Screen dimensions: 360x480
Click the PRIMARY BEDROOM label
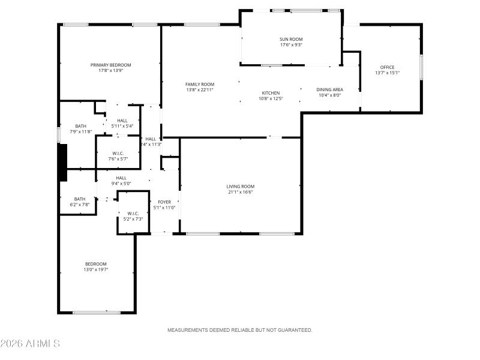click(x=111, y=65)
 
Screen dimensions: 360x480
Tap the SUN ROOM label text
click(x=291, y=39)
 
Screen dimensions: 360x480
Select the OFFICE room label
click(x=387, y=67)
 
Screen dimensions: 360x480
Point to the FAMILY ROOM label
click(x=200, y=84)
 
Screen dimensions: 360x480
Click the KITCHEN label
click(x=271, y=93)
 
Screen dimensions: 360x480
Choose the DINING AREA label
click(x=329, y=89)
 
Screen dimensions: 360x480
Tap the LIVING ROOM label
click(x=241, y=187)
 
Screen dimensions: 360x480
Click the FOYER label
click(x=164, y=202)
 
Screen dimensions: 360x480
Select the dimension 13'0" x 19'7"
click(x=96, y=269)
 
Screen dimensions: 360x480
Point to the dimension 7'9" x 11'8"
click(x=81, y=131)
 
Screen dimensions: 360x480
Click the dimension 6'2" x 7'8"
click(x=80, y=205)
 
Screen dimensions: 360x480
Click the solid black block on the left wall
click(x=62, y=162)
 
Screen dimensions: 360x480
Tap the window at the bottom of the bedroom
click(x=97, y=312)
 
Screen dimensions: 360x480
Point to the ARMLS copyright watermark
click(x=30, y=344)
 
